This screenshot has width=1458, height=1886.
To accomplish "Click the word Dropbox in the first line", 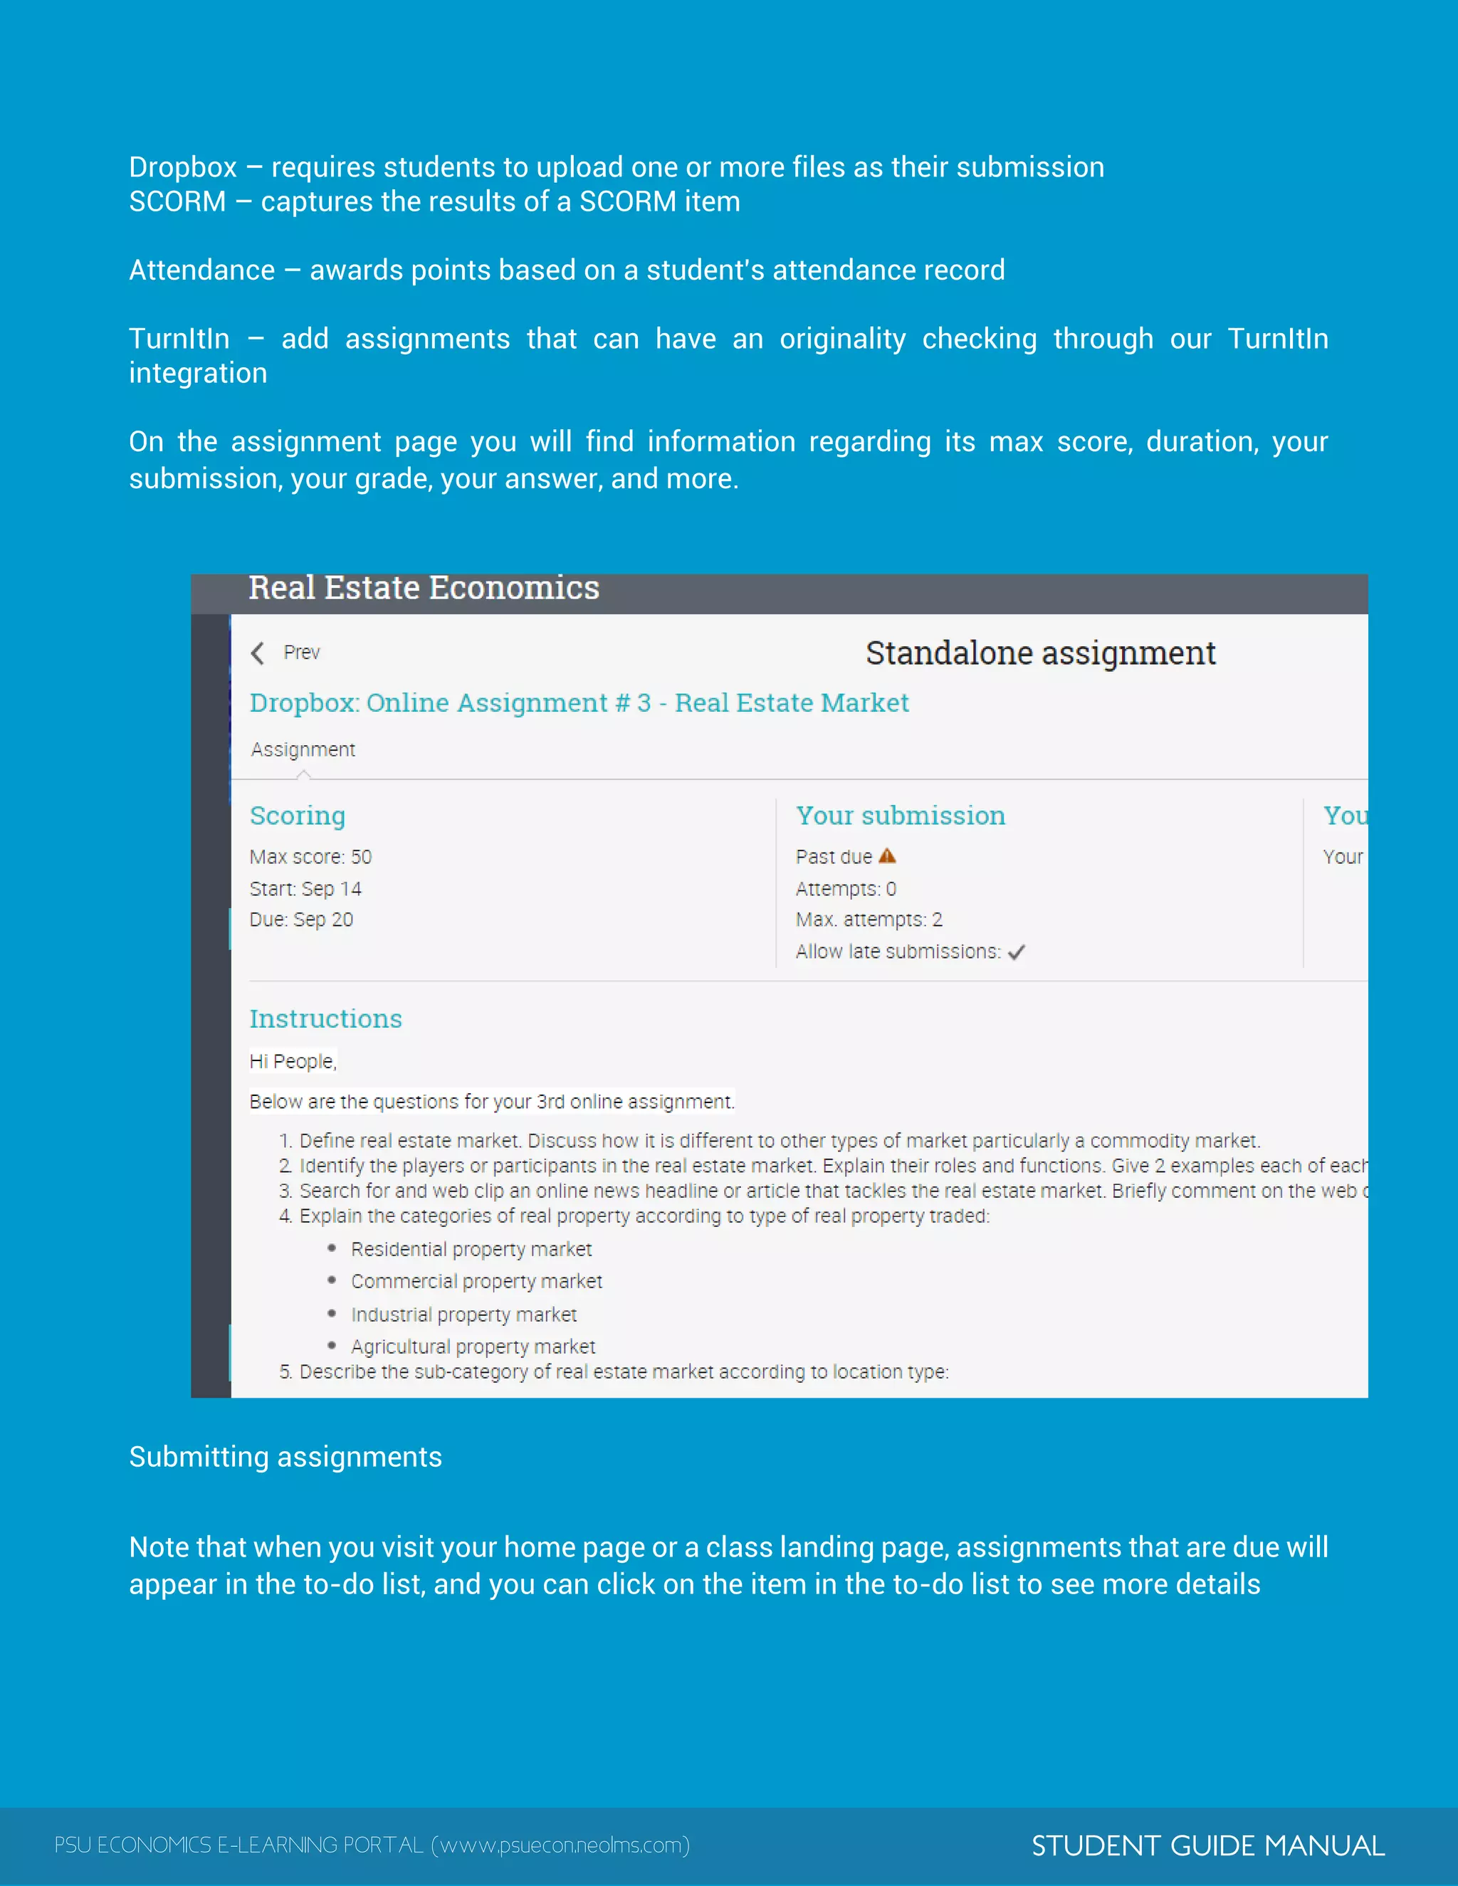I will click(x=182, y=167).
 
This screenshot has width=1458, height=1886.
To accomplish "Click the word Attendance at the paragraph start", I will click(x=201, y=270).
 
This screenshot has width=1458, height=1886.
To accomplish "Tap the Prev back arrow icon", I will click(x=258, y=653).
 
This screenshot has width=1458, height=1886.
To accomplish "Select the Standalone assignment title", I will click(x=1040, y=653).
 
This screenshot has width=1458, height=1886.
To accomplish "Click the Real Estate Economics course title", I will click(x=424, y=588).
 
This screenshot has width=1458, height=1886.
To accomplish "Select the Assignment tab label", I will click(x=303, y=749).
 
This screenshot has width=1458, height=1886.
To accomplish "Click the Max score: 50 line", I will click(x=310, y=857).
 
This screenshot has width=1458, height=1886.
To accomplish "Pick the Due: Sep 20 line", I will click(x=300, y=920).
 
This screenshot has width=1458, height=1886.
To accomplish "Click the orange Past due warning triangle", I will click(x=887, y=855).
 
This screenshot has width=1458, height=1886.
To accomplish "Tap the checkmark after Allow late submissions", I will click(x=1017, y=952).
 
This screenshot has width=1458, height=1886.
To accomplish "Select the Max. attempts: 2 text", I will click(x=868, y=920).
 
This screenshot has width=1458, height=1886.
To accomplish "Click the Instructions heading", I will click(x=325, y=1019).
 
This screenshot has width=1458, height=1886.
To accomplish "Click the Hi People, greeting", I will click(x=292, y=1061).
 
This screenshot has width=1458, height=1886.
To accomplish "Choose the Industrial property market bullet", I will click(x=463, y=1315).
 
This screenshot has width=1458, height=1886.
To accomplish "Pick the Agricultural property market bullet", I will click(x=473, y=1347).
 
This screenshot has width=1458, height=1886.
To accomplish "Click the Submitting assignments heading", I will click(x=285, y=1457).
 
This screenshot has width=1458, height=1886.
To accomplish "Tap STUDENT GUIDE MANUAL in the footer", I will click(x=1207, y=1845).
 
